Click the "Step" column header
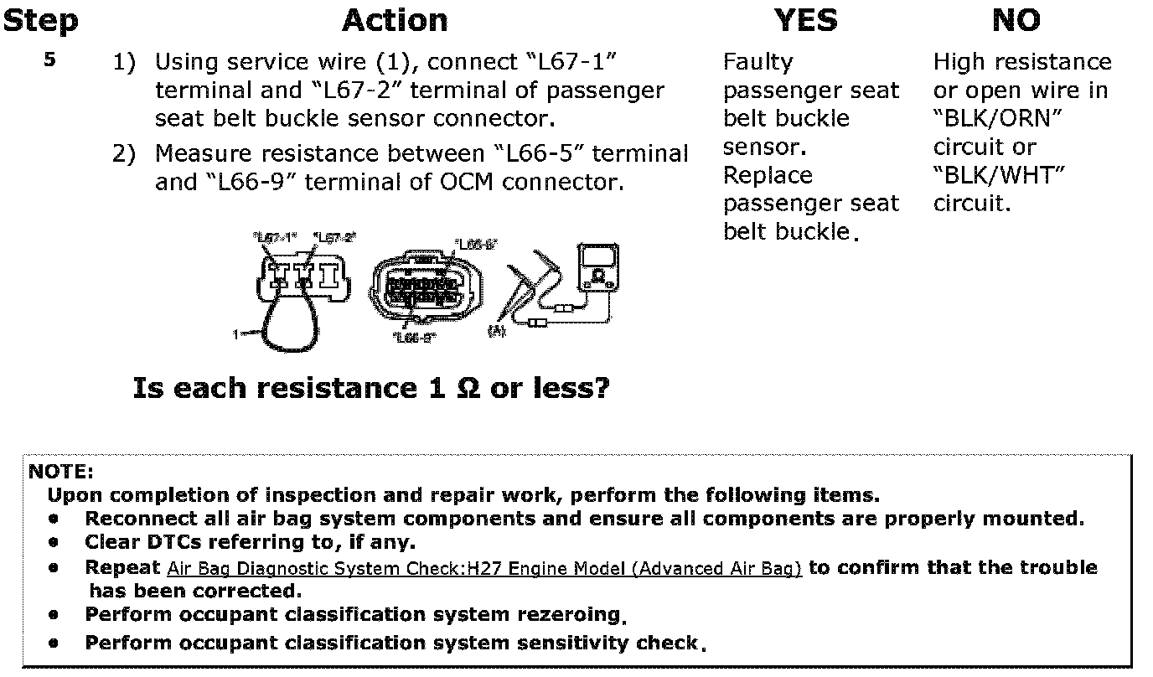click(40, 21)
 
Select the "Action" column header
click(395, 21)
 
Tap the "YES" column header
click(805, 21)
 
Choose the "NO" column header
click(1016, 21)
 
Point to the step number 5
click(50, 60)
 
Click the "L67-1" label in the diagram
click(274, 238)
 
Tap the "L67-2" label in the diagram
click(333, 238)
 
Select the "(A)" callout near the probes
click(497, 332)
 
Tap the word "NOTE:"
click(61, 472)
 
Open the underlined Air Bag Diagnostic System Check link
click(484, 569)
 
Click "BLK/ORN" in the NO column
click(997, 119)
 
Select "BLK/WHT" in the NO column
click(999, 176)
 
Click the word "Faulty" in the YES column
click(757, 62)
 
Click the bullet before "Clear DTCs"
click(54, 543)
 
